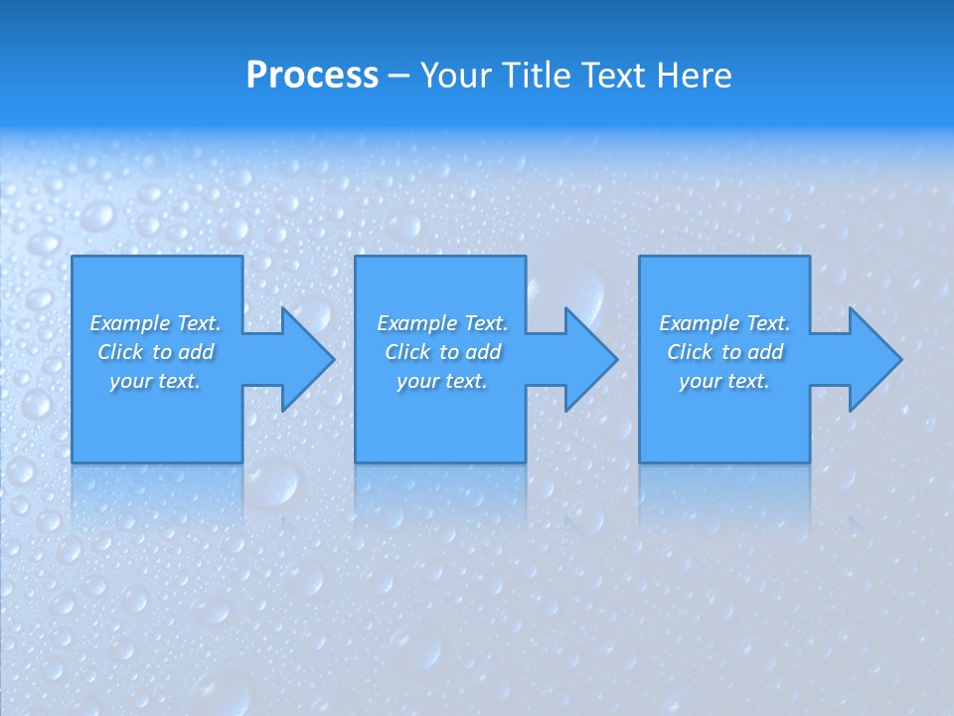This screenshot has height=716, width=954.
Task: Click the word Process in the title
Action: click(x=312, y=76)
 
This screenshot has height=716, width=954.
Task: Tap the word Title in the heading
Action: click(x=536, y=76)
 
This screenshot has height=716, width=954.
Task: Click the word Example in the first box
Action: click(x=130, y=323)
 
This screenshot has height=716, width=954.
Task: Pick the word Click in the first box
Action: click(x=121, y=352)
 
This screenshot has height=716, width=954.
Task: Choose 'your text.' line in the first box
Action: click(x=155, y=381)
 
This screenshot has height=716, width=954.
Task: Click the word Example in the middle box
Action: click(x=417, y=323)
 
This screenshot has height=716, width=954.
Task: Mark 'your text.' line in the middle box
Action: click(x=442, y=381)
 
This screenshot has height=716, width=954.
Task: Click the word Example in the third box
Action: click(x=700, y=323)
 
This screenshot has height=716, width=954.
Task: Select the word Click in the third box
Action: click(x=691, y=352)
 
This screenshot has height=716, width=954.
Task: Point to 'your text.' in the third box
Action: click(x=724, y=381)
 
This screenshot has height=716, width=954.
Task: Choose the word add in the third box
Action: click(x=765, y=352)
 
